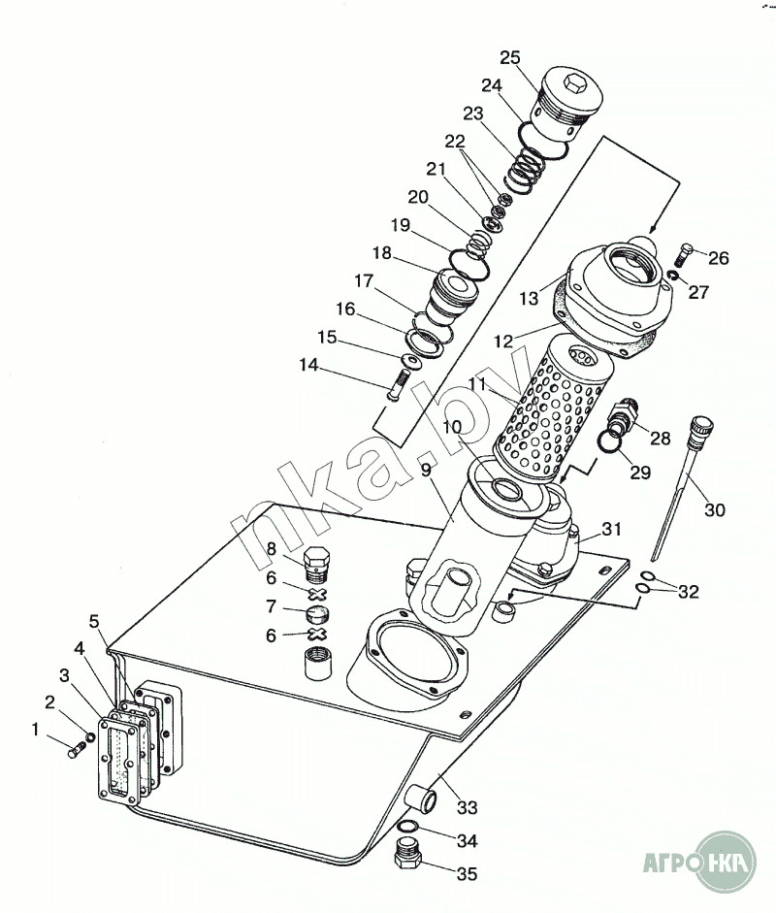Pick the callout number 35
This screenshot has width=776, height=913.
[467, 874]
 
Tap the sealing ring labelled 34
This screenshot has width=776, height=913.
[408, 828]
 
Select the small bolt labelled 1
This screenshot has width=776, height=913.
[78, 749]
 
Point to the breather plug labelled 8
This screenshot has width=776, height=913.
[317, 564]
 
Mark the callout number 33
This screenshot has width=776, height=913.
[468, 806]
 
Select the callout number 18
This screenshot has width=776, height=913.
[381, 253]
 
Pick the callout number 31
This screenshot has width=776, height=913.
[611, 529]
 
